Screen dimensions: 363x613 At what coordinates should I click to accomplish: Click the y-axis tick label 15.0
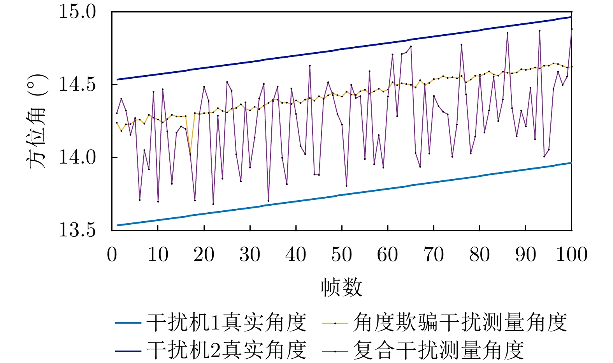pyautogui.click(x=77, y=12)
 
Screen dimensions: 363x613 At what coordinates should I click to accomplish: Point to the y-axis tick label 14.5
pyautogui.click(x=77, y=85)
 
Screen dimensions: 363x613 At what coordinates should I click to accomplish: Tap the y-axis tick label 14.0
pyautogui.click(x=77, y=157)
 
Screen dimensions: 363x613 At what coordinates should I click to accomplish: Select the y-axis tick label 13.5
pyautogui.click(x=77, y=230)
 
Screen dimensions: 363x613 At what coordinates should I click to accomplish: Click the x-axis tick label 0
pyautogui.click(x=112, y=255)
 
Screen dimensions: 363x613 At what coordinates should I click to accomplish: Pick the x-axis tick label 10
pyautogui.click(x=158, y=255)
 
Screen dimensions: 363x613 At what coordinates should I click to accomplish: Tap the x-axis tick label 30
pyautogui.click(x=250, y=255)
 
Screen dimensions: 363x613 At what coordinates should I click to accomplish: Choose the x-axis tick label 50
pyautogui.click(x=342, y=255)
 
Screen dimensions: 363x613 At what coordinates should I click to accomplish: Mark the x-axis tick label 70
pyautogui.click(x=434, y=255)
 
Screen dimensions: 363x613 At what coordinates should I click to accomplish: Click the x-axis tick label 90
pyautogui.click(x=525, y=255)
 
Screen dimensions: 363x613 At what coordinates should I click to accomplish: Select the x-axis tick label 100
pyautogui.click(x=571, y=255)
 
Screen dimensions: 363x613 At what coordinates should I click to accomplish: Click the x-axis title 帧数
pyautogui.click(x=341, y=287)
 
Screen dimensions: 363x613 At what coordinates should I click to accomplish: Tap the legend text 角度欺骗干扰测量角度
pyautogui.click(x=460, y=322)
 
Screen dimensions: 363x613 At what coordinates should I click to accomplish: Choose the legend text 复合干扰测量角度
pyautogui.click(x=439, y=350)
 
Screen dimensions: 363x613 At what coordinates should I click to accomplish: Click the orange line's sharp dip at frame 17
pyautogui.click(x=190, y=152)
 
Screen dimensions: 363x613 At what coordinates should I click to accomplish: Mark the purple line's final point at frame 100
pyautogui.click(x=571, y=29)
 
